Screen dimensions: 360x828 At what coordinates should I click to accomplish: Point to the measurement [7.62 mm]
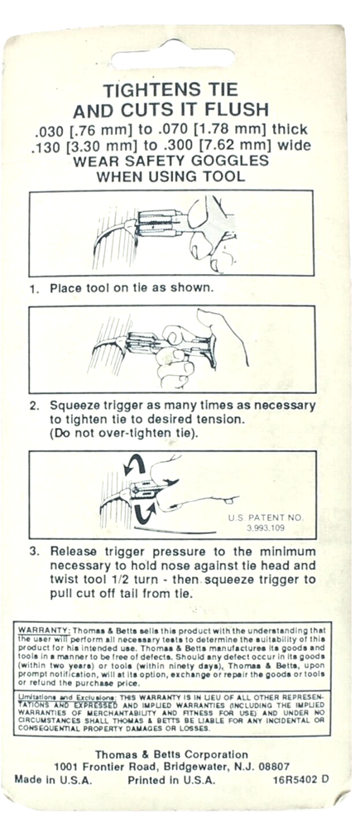pos(246,145)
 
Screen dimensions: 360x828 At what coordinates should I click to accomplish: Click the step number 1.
pos(34,289)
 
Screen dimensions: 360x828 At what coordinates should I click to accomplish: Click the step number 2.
pos(34,407)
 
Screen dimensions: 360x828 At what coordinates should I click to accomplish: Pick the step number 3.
pos(34,551)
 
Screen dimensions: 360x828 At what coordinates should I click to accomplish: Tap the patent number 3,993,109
pos(265,527)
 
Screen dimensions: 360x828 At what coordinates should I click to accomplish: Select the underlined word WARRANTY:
pos(45,630)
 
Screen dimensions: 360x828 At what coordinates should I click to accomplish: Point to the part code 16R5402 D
pos(301,779)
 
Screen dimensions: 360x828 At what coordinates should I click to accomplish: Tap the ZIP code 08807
pos(275,767)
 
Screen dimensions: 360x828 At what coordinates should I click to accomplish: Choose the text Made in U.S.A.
pos(53,780)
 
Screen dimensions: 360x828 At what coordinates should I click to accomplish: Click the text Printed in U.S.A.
pos(171,780)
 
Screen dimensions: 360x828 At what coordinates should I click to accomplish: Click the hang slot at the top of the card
pos(173,58)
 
